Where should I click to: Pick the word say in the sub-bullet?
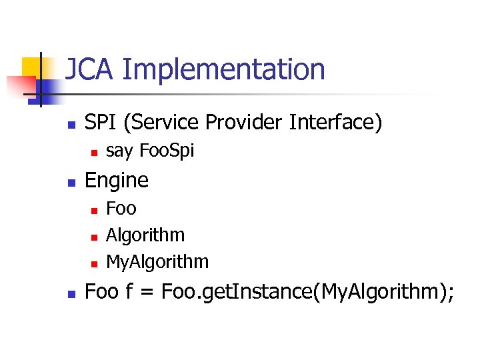[x=119, y=152]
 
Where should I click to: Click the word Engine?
[x=117, y=181]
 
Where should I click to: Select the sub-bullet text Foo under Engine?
[x=121, y=209]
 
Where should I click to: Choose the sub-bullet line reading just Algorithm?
[x=145, y=235]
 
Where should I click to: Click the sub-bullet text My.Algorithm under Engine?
[x=157, y=262]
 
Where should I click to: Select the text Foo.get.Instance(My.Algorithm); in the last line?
[x=307, y=292]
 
